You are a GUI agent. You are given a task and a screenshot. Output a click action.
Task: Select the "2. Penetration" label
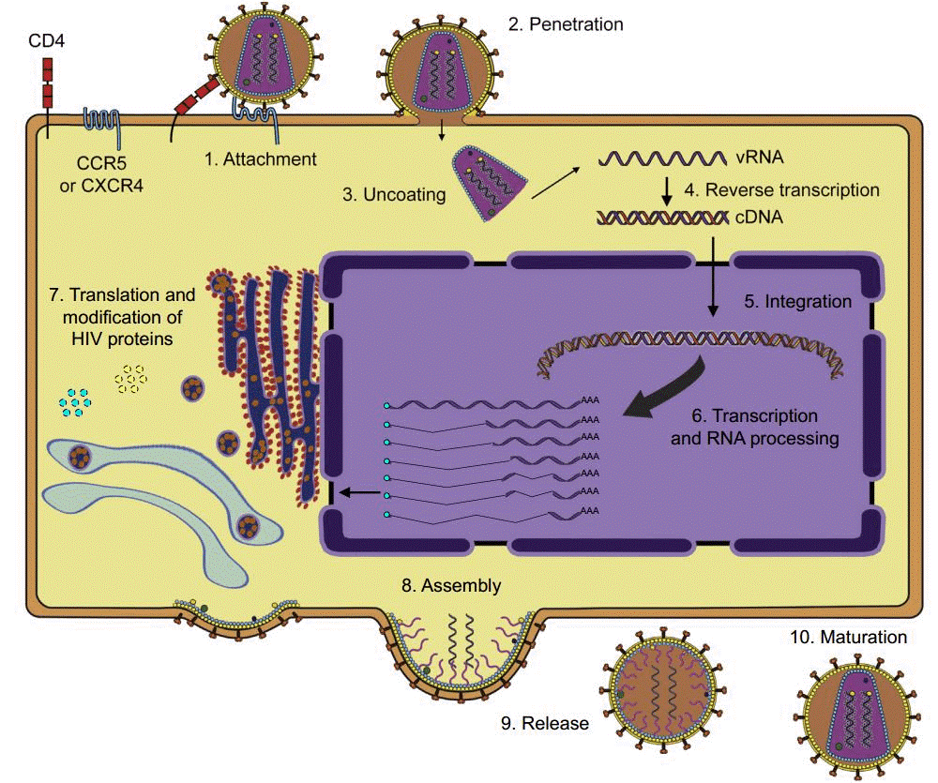(566, 24)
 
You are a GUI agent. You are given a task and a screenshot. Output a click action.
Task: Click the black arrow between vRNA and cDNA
(666, 190)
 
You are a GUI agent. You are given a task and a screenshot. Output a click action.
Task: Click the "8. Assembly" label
(450, 586)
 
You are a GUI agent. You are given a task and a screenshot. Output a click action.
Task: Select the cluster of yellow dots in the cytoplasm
(131, 377)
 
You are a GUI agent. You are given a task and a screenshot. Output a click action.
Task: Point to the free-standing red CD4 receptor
(49, 83)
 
